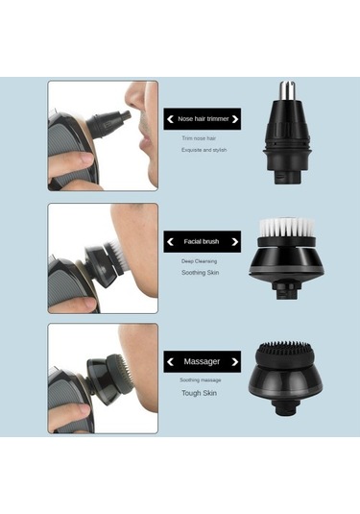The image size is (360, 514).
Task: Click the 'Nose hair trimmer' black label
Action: [x=202, y=119]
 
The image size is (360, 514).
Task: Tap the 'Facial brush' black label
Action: [x=202, y=241]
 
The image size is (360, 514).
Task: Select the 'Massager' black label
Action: [x=202, y=361]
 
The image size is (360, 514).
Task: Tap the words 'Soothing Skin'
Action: [x=202, y=273]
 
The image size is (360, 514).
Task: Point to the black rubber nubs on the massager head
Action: [x=286, y=348]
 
